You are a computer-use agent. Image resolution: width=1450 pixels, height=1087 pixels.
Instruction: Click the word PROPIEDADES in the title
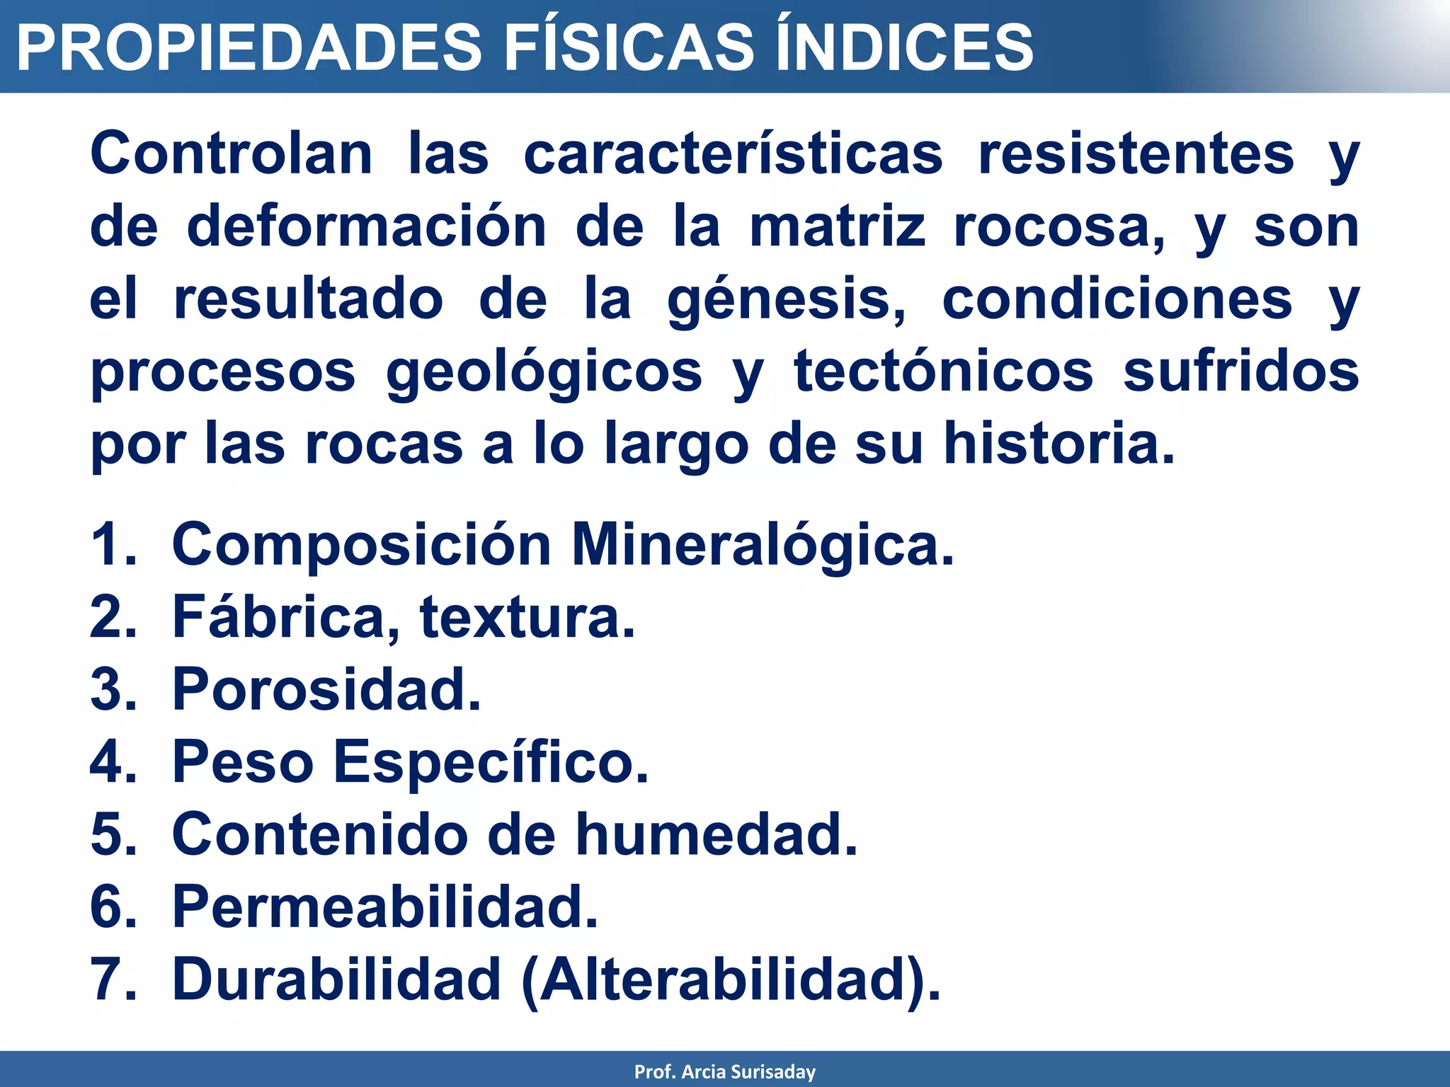249,47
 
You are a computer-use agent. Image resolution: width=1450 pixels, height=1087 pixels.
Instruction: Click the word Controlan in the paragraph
232,154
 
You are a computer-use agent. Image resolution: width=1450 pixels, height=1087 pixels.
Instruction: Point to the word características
733,154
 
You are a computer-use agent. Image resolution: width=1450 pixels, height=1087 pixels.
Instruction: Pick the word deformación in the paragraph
366,227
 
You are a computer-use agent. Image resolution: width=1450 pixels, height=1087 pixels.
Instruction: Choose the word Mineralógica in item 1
763,546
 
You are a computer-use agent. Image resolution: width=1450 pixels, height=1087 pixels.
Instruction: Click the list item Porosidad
326,689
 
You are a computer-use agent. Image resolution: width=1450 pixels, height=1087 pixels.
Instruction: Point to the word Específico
490,762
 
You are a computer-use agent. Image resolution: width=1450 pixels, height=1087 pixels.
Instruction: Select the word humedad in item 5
716,834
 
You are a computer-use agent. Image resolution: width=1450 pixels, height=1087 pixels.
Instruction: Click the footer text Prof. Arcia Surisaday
724,1072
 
